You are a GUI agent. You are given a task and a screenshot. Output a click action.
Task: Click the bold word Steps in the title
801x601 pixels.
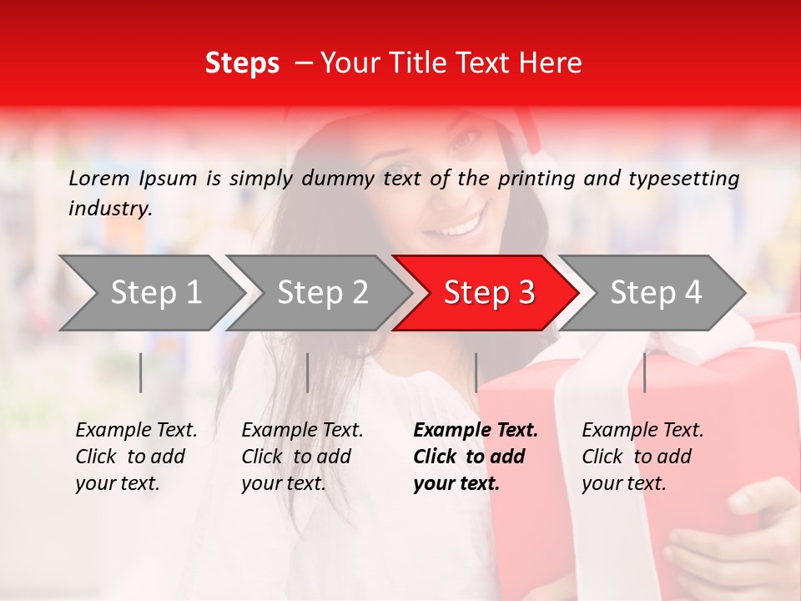point(242,63)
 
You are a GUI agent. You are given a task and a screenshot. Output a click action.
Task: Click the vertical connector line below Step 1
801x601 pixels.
point(141,372)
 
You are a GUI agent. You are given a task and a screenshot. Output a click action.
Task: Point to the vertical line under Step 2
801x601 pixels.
point(308,372)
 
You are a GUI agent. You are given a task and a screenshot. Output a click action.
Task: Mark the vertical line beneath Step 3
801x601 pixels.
point(476,372)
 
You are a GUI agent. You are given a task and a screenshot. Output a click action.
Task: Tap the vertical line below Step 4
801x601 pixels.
point(644,372)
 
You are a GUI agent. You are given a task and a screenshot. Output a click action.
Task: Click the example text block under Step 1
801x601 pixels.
point(136,457)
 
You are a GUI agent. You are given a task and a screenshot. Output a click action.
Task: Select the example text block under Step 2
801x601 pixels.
point(302,457)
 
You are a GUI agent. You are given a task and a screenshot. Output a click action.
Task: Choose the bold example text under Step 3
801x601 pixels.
point(476,457)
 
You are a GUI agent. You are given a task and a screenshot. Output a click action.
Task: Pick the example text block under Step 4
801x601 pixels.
point(642,457)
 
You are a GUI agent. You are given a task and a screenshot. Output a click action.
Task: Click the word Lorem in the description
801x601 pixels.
point(99,178)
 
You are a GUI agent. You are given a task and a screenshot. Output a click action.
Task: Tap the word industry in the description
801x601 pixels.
point(109,208)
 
